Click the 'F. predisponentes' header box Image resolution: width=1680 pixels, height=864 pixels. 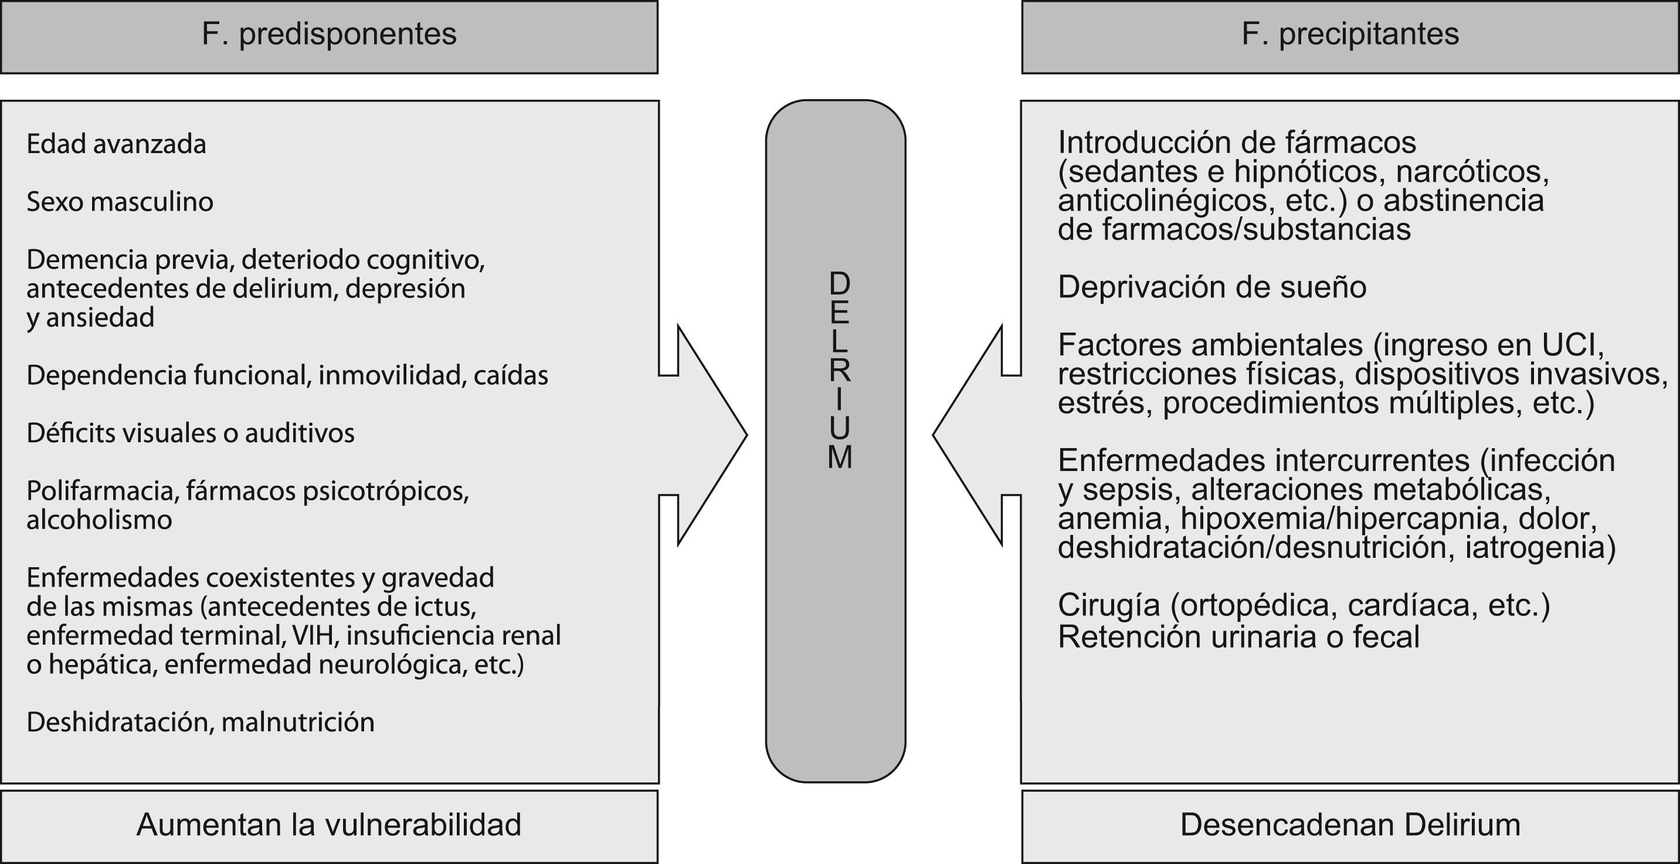(329, 36)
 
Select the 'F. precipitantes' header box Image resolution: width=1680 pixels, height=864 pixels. (1349, 36)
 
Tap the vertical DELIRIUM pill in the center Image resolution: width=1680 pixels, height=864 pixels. (836, 441)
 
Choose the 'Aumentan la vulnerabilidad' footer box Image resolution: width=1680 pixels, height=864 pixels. (329, 825)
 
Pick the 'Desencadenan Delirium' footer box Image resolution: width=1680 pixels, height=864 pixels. (1349, 825)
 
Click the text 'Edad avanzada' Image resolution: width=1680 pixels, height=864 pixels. (116, 144)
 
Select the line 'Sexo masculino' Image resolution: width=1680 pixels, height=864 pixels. (120, 202)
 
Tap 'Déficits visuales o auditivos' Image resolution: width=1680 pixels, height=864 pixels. (190, 433)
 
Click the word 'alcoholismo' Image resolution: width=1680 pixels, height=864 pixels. (99, 520)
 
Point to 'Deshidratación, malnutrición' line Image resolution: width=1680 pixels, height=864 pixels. (200, 723)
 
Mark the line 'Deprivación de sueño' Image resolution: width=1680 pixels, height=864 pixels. (1211, 287)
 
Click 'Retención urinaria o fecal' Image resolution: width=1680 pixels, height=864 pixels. (1238, 637)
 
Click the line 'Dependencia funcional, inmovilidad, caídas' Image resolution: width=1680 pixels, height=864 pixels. (287, 375)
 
